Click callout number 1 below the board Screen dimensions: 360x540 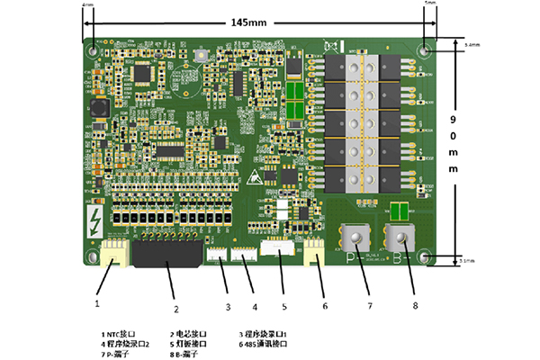tap(97, 303)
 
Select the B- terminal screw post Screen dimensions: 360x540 tap(400, 238)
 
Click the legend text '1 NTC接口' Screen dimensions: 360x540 tap(117, 333)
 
